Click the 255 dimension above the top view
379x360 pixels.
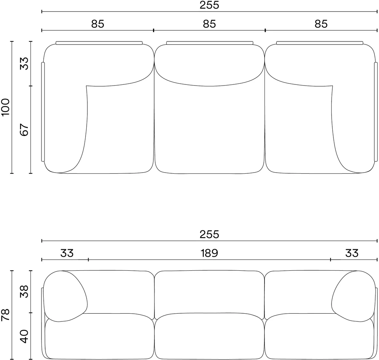[x=209, y=5]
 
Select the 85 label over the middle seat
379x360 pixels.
[x=209, y=24]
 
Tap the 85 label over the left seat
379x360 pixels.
[x=98, y=24]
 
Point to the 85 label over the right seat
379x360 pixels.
[x=321, y=24]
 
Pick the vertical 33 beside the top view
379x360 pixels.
[x=24, y=64]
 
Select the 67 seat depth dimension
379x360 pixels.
[x=24, y=130]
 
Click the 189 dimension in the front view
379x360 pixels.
[x=209, y=253]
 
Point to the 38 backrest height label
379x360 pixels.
[x=24, y=291]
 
